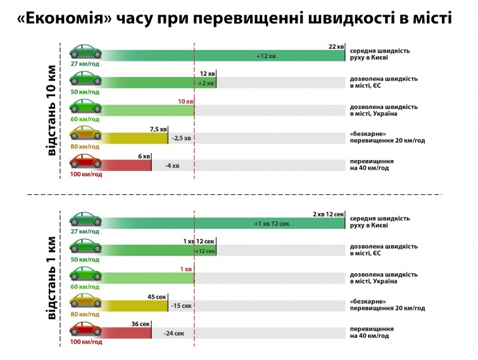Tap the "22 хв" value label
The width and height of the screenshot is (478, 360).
coord(336,46)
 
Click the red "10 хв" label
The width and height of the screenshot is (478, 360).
coord(186,101)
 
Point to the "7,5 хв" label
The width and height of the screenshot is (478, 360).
coord(158,129)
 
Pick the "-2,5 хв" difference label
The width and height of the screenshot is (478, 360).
coord(181,138)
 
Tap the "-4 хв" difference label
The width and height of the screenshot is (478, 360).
coord(172,166)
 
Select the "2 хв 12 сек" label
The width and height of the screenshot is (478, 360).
coord(328,214)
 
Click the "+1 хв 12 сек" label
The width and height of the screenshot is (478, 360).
coord(272,224)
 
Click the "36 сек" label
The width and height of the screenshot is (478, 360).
coord(140,324)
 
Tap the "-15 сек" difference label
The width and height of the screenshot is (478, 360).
coord(182,306)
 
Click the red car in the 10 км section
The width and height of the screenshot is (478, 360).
coord(85,162)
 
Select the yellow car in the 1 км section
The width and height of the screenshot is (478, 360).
coord(85,302)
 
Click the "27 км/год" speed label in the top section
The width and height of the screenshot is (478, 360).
coord(85,64)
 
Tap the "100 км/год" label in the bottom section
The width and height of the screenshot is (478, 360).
coord(85,342)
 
